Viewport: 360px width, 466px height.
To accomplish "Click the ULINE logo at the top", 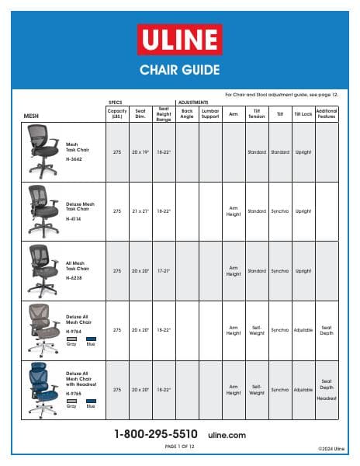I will [179, 40].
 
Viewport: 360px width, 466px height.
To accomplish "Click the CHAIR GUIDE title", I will [179, 70].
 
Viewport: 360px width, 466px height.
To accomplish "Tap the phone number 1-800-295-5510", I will [156, 434].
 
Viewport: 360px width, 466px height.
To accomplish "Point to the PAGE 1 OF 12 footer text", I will [180, 447].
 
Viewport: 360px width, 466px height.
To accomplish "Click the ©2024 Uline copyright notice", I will [331, 449].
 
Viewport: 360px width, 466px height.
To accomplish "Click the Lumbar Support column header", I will [210, 114].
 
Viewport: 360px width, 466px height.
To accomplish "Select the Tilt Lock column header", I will [303, 114].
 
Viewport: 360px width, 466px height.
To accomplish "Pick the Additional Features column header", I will [327, 114].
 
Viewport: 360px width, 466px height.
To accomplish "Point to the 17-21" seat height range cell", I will [164, 271].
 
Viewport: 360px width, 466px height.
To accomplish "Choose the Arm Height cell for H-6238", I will [234, 271].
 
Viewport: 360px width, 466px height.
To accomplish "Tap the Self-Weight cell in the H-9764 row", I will [257, 330].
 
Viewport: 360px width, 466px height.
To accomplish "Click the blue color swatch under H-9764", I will [90, 339].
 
